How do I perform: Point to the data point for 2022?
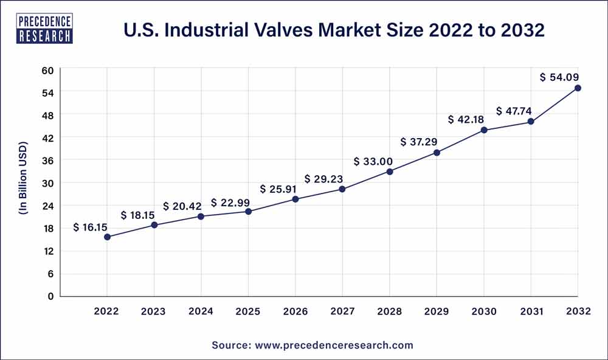(x=107, y=237)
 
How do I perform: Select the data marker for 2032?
(x=578, y=88)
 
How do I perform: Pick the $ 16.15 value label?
(x=90, y=227)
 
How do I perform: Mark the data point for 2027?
(x=342, y=189)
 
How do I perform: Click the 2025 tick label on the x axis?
(x=248, y=311)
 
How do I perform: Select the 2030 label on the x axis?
(x=484, y=311)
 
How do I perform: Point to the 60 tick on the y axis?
(x=48, y=70)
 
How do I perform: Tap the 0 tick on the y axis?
(x=51, y=296)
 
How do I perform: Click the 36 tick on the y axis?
(x=48, y=161)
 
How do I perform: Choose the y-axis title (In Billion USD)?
(x=22, y=182)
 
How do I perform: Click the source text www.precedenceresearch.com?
(x=312, y=345)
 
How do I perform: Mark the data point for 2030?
(x=484, y=130)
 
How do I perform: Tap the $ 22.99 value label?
(x=232, y=202)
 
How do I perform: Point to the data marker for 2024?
(x=201, y=216)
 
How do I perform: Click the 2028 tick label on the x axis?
(x=390, y=311)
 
